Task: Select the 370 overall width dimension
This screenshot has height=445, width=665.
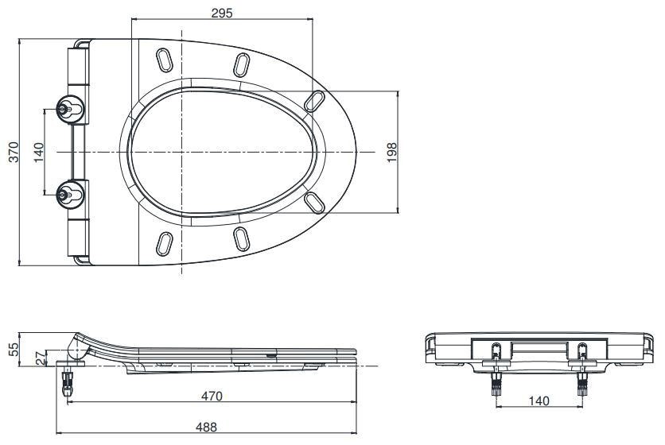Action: [10, 151]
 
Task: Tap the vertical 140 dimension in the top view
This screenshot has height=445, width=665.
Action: [37, 151]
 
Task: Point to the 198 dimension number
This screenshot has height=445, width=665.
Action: [391, 151]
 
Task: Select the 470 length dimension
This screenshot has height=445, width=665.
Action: [211, 395]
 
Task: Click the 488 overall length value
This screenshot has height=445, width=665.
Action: [207, 427]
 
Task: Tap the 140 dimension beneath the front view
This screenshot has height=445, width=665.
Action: [539, 401]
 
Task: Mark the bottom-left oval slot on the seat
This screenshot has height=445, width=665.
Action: [165, 242]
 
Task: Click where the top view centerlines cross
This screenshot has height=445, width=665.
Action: [184, 151]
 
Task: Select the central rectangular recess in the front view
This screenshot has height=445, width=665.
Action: [539, 349]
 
